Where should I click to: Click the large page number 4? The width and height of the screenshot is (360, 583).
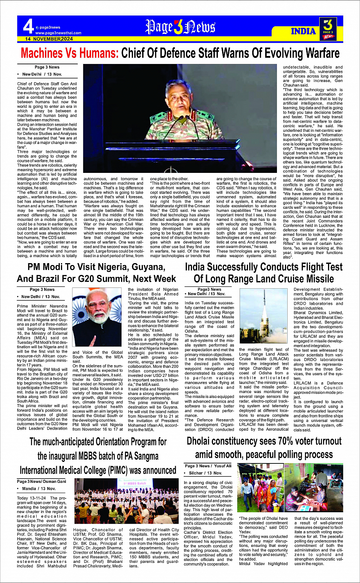[x=29, y=27]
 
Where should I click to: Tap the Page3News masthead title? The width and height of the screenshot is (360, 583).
[x=180, y=27]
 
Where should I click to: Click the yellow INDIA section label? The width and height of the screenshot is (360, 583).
[x=303, y=31]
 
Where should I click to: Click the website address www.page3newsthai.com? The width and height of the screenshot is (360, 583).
[x=58, y=33]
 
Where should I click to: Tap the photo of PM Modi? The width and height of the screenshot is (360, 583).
[x=97, y=317]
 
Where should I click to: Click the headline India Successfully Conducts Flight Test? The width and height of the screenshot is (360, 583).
[x=264, y=273]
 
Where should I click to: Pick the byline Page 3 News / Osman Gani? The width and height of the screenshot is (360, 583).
[x=42, y=481]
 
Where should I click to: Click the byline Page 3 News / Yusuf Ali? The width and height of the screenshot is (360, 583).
[x=208, y=466]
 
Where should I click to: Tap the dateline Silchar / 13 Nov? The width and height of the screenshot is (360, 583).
[x=206, y=473]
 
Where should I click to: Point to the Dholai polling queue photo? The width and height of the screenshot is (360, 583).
[x=290, y=487]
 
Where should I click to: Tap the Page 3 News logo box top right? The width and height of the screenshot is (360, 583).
[x=328, y=28]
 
